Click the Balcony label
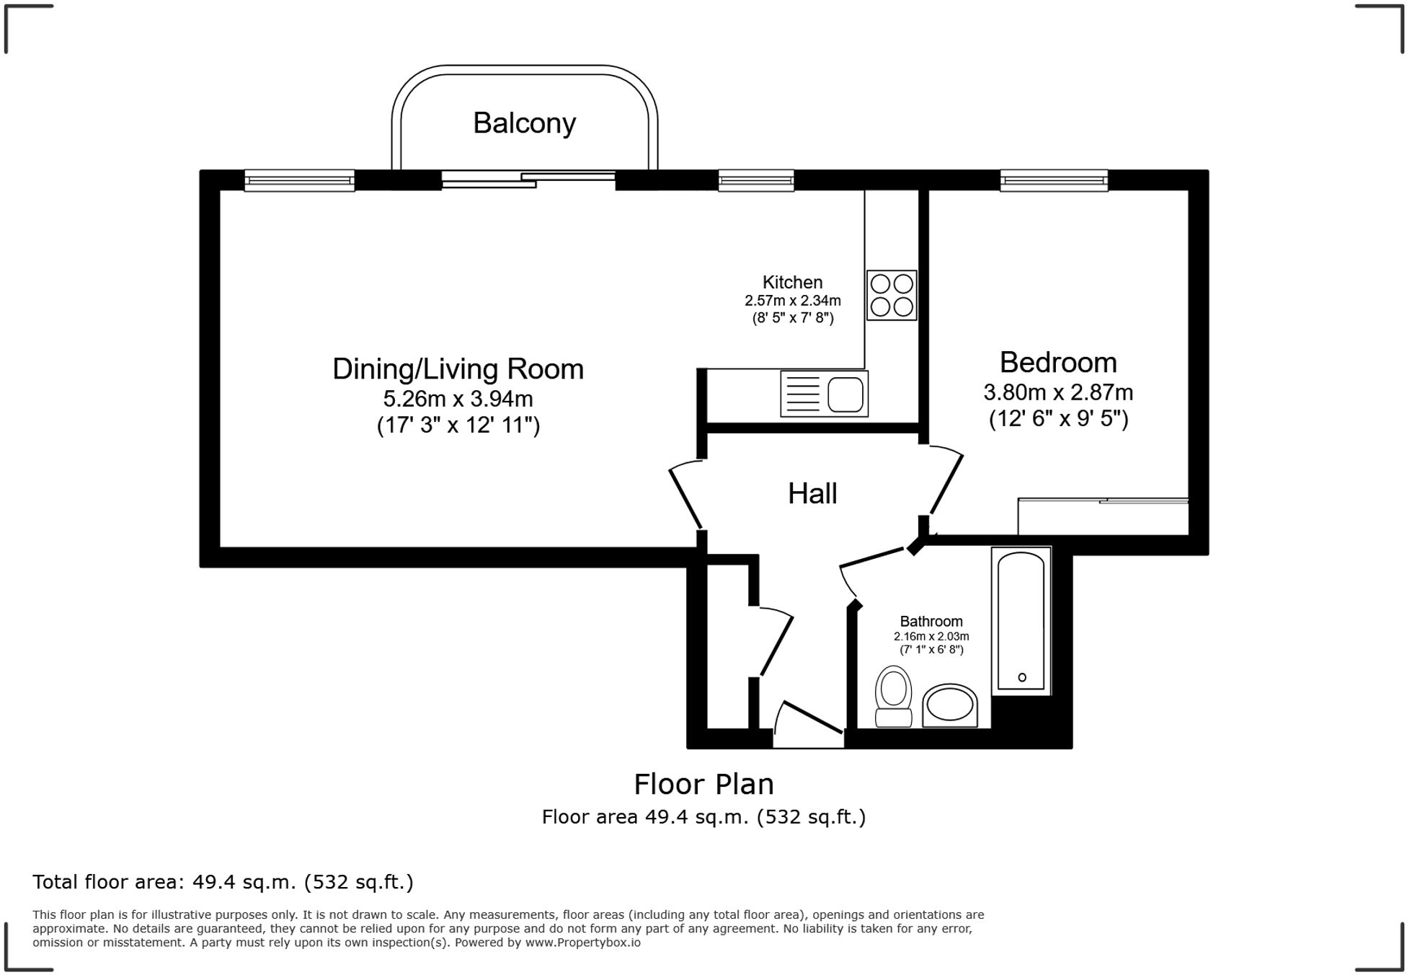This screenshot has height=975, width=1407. [524, 123]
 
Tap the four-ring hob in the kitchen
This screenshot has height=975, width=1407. [892, 295]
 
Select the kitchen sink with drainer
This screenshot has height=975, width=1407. [824, 394]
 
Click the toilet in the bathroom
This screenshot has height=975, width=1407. [894, 696]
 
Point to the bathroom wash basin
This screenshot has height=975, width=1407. [950, 705]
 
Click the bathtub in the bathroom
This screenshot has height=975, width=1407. [1021, 621]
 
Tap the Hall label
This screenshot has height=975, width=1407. [812, 494]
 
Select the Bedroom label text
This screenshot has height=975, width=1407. [1058, 362]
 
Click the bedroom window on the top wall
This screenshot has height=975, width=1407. [1054, 180]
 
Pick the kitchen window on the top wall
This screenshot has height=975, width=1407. [756, 180]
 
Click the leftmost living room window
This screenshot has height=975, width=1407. [299, 180]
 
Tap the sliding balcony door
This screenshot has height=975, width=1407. [528, 179]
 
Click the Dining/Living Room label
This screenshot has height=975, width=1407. [458, 369]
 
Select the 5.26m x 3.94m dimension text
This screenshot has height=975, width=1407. [458, 399]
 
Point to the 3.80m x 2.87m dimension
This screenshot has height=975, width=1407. [1058, 392]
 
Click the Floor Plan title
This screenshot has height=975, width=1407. [703, 784]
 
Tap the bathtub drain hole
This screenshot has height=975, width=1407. [1022, 677]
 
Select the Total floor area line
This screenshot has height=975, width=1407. [223, 882]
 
